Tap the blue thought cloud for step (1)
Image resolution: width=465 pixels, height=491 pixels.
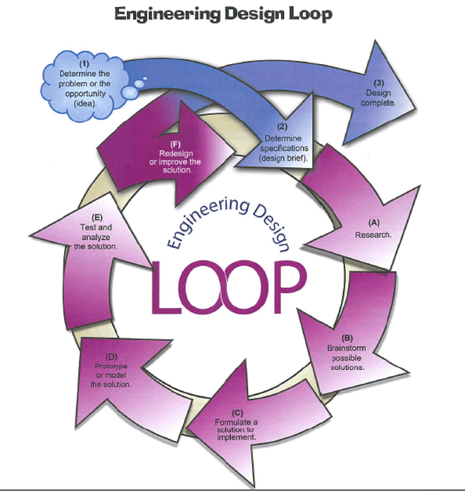click(84, 83)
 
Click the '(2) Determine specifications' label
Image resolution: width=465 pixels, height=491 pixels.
click(284, 144)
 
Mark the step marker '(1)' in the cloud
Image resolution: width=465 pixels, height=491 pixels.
click(84, 65)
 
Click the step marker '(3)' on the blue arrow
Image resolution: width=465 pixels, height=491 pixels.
click(379, 82)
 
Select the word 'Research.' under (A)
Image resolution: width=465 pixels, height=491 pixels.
click(373, 234)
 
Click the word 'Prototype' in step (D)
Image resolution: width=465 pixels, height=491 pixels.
click(113, 367)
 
